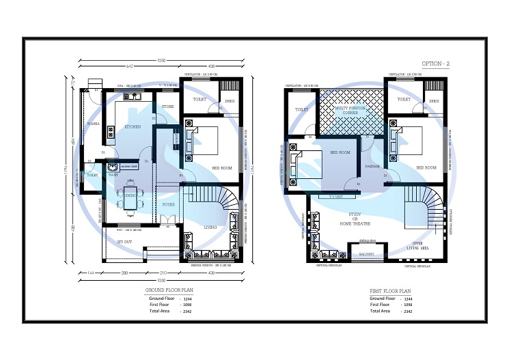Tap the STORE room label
click(167, 107)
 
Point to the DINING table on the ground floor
click(130, 195)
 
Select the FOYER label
click(168, 204)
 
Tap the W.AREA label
click(94, 124)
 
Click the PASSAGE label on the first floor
click(372, 166)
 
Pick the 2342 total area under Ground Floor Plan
click(187, 311)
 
